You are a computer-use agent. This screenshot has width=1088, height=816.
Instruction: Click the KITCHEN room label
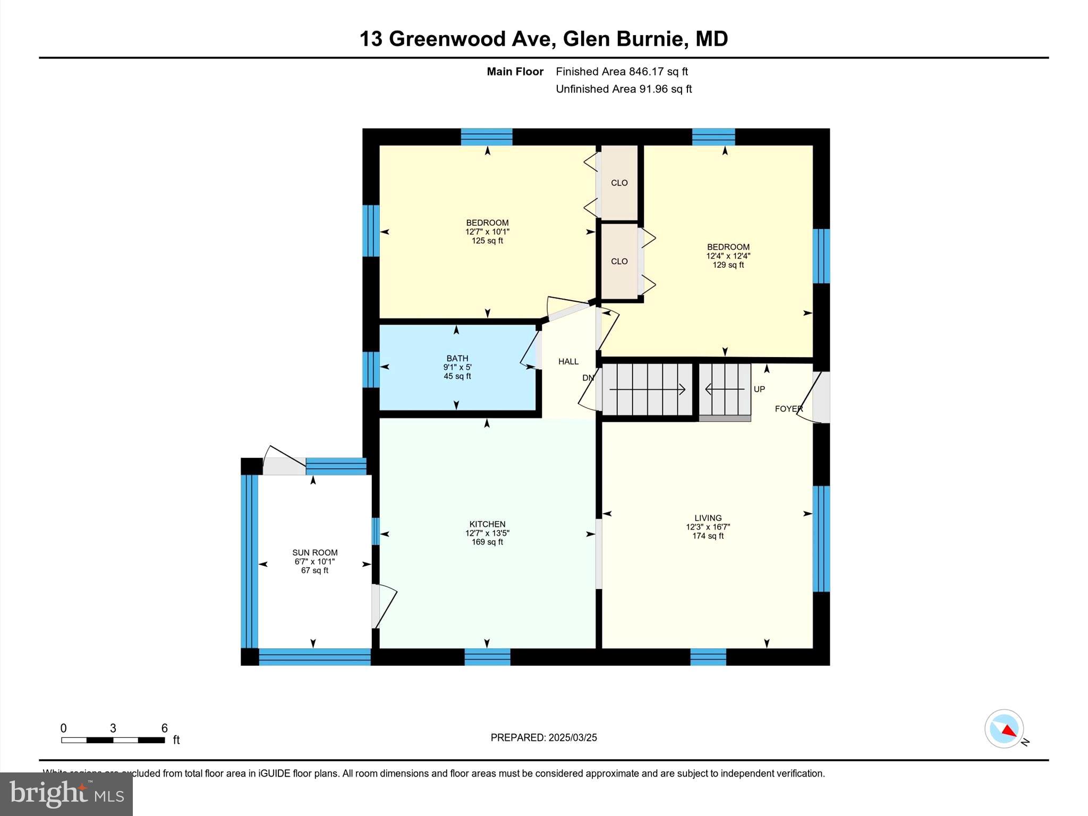pyautogui.click(x=487, y=524)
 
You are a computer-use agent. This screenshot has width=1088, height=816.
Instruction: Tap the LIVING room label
pyautogui.click(x=708, y=518)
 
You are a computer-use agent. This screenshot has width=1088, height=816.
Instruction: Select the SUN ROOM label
pyautogui.click(x=314, y=552)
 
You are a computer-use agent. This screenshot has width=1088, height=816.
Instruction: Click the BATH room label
pyautogui.click(x=457, y=359)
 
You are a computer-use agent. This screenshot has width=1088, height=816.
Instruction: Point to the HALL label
pyautogui.click(x=568, y=362)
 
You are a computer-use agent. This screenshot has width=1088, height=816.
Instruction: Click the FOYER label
pyautogui.click(x=788, y=409)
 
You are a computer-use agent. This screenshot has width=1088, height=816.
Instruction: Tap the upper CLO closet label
pyautogui.click(x=619, y=183)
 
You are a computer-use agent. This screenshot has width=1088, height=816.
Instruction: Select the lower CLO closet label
pyautogui.click(x=619, y=261)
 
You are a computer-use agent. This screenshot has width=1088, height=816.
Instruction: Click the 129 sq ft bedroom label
pyautogui.click(x=728, y=265)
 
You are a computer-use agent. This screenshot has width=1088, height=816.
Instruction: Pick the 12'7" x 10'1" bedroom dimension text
pyautogui.click(x=487, y=232)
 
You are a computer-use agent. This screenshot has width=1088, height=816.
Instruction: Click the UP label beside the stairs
pyautogui.click(x=759, y=389)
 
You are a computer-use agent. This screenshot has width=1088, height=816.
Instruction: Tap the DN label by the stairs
pyautogui.click(x=588, y=378)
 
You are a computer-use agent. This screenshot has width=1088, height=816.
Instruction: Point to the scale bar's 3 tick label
pyautogui.click(x=113, y=728)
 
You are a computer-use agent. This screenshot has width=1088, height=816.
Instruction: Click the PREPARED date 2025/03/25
pyautogui.click(x=572, y=737)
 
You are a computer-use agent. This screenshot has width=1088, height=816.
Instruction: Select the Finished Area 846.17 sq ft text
pyautogui.click(x=622, y=72)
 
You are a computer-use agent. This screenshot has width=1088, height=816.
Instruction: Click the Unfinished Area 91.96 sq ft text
pyautogui.click(x=623, y=89)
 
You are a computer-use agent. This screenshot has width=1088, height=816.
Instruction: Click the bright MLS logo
pyautogui.click(x=66, y=794)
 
